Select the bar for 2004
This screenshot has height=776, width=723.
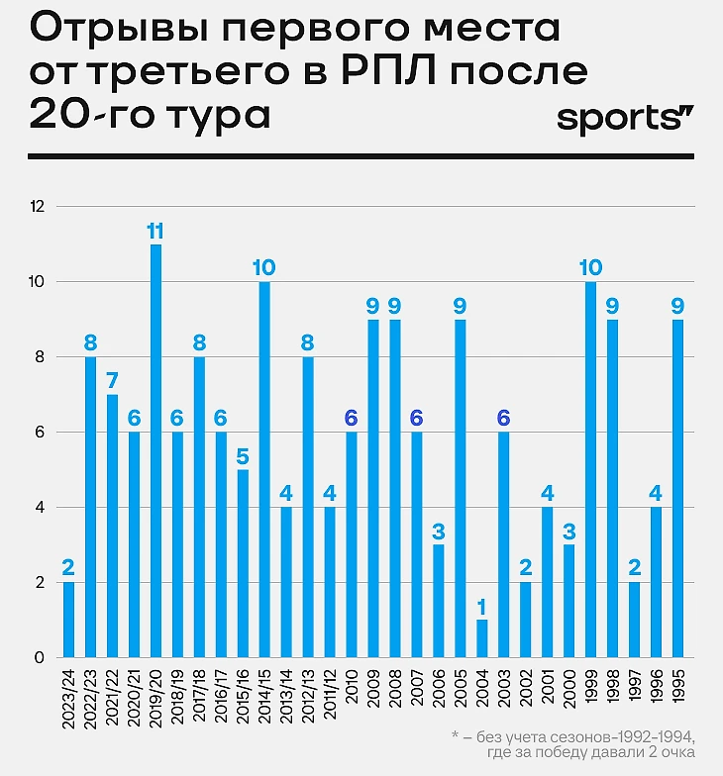pos(482,638)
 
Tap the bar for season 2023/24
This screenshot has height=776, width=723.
pos(68,620)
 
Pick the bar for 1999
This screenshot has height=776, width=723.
pos(591,469)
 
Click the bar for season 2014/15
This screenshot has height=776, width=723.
pos(264,469)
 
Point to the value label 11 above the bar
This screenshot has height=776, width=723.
pos(155,232)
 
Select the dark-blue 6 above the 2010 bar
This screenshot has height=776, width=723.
pos(352,419)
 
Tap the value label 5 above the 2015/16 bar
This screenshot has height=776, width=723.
pos(243,456)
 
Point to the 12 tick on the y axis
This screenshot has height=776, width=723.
pos(39,207)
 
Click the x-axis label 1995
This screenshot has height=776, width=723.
pos(678,683)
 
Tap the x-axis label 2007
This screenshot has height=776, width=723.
pos(417,683)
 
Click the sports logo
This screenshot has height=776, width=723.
pos(624,120)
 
